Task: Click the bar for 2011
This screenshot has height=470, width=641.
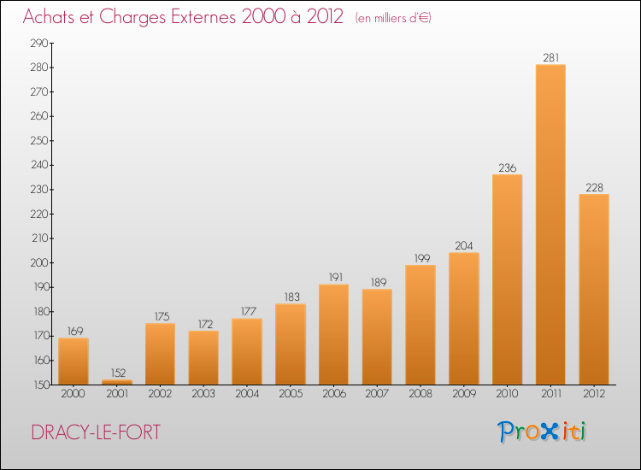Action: pyautogui.click(x=550, y=225)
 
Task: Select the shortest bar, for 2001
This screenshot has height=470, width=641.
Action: pyautogui.click(x=117, y=382)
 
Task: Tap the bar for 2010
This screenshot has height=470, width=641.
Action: pyautogui.click(x=508, y=279)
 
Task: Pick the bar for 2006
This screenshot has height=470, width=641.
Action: pyautogui.click(x=333, y=334)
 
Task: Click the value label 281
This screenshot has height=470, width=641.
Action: pyautogui.click(x=550, y=58)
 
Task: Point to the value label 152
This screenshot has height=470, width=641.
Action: pyautogui.click(x=118, y=373)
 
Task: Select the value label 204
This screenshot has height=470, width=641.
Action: pyautogui.click(x=464, y=245)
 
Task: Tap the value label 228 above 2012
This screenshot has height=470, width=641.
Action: pyautogui.click(x=594, y=188)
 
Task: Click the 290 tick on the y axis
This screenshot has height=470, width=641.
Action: pyautogui.click(x=39, y=43)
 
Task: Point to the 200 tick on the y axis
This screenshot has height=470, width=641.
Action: pyautogui.click(x=39, y=263)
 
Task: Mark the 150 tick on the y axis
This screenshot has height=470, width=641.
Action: pyautogui.click(x=40, y=385)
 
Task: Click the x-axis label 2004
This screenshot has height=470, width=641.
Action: pyautogui.click(x=247, y=394)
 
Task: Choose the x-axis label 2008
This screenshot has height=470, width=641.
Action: pyautogui.click(x=420, y=394)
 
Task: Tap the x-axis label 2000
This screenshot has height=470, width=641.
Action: pyautogui.click(x=74, y=394)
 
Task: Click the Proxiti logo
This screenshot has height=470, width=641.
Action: pyautogui.click(x=542, y=432)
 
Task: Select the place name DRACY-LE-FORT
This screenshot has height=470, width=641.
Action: pyautogui.click(x=96, y=432)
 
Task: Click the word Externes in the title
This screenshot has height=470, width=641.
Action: pyautogui.click(x=203, y=17)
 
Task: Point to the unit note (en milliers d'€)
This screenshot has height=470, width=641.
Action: pyautogui.click(x=393, y=18)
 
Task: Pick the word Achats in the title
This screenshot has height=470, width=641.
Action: pyautogui.click(x=50, y=17)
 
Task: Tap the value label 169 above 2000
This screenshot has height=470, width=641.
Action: pyautogui.click(x=75, y=331)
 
